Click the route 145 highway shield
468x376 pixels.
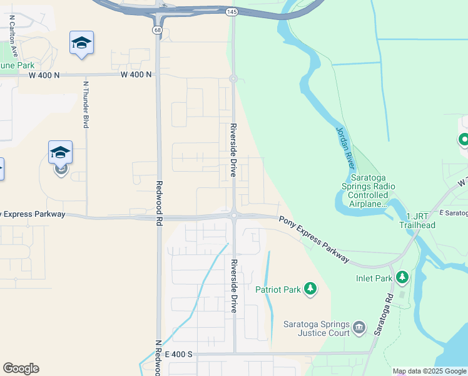pos(232,12)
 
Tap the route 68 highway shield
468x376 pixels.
pos(156,29)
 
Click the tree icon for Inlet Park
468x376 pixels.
pos(401,276)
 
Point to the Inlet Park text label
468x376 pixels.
pos(374,278)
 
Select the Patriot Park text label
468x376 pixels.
pos(278,290)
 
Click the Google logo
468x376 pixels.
pos(21,368)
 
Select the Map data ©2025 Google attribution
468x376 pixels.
pos(429,371)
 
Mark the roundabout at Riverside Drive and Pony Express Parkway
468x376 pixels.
pos(233,216)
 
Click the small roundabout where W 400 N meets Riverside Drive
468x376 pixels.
pos(233,78)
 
